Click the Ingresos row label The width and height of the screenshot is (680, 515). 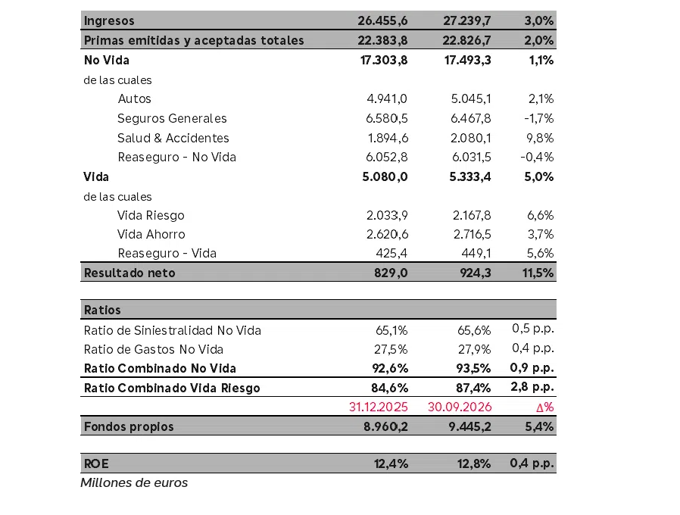pyautogui.click(x=109, y=20)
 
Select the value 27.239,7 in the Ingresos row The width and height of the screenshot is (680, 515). pyautogui.click(x=466, y=20)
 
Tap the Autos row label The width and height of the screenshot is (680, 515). pyautogui.click(x=135, y=99)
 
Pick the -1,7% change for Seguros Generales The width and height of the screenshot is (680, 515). pyautogui.click(x=538, y=118)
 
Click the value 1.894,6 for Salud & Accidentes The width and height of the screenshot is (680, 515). pyautogui.click(x=388, y=138)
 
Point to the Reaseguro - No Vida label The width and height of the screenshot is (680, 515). pyautogui.click(x=177, y=157)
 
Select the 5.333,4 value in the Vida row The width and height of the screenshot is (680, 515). pyautogui.click(x=470, y=177)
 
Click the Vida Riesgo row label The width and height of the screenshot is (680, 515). pyautogui.click(x=151, y=216)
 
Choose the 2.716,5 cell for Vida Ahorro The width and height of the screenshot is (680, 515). pyautogui.click(x=473, y=235)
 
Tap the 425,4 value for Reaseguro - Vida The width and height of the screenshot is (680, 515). pyautogui.click(x=391, y=254)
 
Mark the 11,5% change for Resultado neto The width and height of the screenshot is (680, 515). pyautogui.click(x=538, y=273)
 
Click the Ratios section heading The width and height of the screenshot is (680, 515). pyautogui.click(x=102, y=311)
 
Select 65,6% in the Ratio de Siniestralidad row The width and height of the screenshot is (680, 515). pyautogui.click(x=474, y=331)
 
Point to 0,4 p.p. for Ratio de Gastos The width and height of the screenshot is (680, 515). pyautogui.click(x=533, y=348)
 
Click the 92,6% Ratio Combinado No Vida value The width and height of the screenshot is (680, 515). pyautogui.click(x=390, y=368)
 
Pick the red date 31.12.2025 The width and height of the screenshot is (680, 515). pyautogui.click(x=378, y=407)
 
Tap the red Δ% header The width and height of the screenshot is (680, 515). pyautogui.click(x=544, y=407)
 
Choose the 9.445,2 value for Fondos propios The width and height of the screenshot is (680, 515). pyautogui.click(x=469, y=427)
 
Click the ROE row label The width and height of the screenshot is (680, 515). pyautogui.click(x=96, y=463)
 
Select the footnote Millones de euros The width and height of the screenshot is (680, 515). pyautogui.click(x=134, y=483)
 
